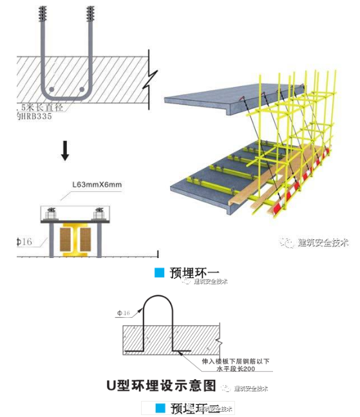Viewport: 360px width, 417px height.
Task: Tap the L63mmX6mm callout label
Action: [x=97, y=185]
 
